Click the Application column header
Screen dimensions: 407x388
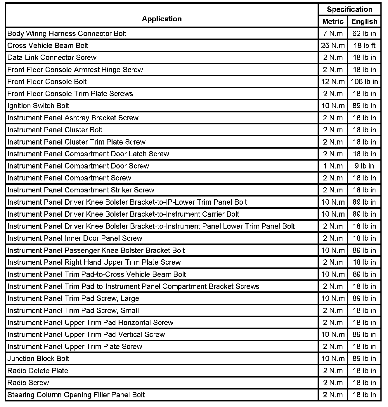[x=162, y=19]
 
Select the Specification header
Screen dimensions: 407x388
[x=349, y=9]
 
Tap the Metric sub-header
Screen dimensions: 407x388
[x=333, y=21]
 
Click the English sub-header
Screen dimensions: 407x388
[x=364, y=21]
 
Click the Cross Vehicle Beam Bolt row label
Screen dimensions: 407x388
[x=48, y=46]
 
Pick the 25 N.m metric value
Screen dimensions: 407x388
[x=333, y=46]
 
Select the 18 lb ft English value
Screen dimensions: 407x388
[x=364, y=46]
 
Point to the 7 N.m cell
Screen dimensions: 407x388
[x=333, y=34]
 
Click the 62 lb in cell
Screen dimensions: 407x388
[x=364, y=34]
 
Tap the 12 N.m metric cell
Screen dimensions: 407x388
[x=333, y=82]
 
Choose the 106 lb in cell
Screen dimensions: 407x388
[x=364, y=82]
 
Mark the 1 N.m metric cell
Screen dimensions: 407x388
[x=333, y=166]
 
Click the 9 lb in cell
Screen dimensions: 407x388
[x=364, y=166]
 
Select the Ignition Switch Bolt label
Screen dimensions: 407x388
[x=38, y=106]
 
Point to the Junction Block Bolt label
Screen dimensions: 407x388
[x=38, y=359]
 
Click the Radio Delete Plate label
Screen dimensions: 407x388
[x=38, y=371]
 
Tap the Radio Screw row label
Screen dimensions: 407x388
[x=28, y=382]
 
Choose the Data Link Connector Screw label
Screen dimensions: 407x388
[x=52, y=58]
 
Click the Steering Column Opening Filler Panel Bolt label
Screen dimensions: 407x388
[x=76, y=395]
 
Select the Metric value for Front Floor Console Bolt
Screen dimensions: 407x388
[x=333, y=82]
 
